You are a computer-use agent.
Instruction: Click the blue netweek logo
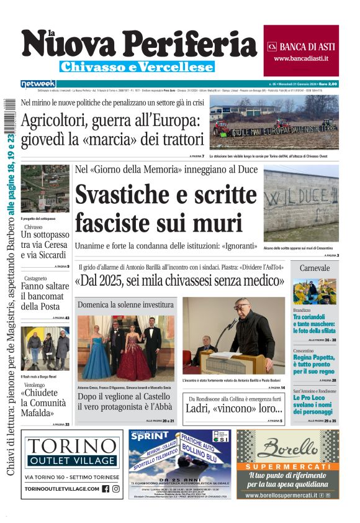coord(38,83)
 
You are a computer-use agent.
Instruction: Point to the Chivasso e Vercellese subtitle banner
coord(137,66)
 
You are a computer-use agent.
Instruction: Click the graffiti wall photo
coord(301,204)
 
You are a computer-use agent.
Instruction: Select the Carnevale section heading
coord(315,268)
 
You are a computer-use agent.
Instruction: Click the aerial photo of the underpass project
coord(45,188)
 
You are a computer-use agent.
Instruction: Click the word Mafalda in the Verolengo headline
coord(38,412)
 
